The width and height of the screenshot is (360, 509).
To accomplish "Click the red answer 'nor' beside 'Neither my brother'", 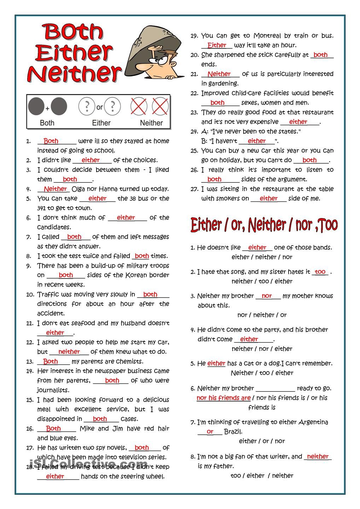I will (x=267, y=296).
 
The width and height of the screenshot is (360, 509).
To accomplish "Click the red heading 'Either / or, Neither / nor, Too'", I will (x=264, y=225).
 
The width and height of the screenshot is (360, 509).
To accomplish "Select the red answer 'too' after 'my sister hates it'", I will (x=320, y=272).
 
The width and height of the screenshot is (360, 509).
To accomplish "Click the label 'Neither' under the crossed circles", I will (x=151, y=123).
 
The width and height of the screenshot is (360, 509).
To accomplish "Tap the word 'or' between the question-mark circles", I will (x=99, y=107).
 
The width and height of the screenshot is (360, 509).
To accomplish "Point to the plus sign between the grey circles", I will (x=47, y=109).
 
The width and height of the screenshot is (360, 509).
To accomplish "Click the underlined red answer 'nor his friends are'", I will (x=223, y=398).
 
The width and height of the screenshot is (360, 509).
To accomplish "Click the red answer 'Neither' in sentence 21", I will (x=219, y=74).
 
